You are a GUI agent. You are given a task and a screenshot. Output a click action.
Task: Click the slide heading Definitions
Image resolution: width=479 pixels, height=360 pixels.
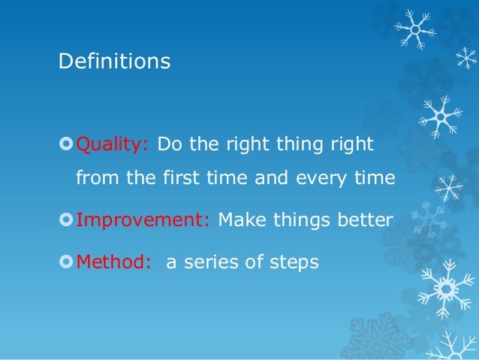pyautogui.click(x=114, y=62)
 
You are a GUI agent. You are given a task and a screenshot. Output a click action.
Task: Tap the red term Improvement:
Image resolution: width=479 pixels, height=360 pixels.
pyautogui.click(x=145, y=221)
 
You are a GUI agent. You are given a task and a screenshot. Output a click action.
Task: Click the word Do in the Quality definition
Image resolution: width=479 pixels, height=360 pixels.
pyautogui.click(x=168, y=144)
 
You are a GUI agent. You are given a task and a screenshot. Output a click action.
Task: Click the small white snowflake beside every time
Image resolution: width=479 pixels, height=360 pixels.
pyautogui.click(x=449, y=186)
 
